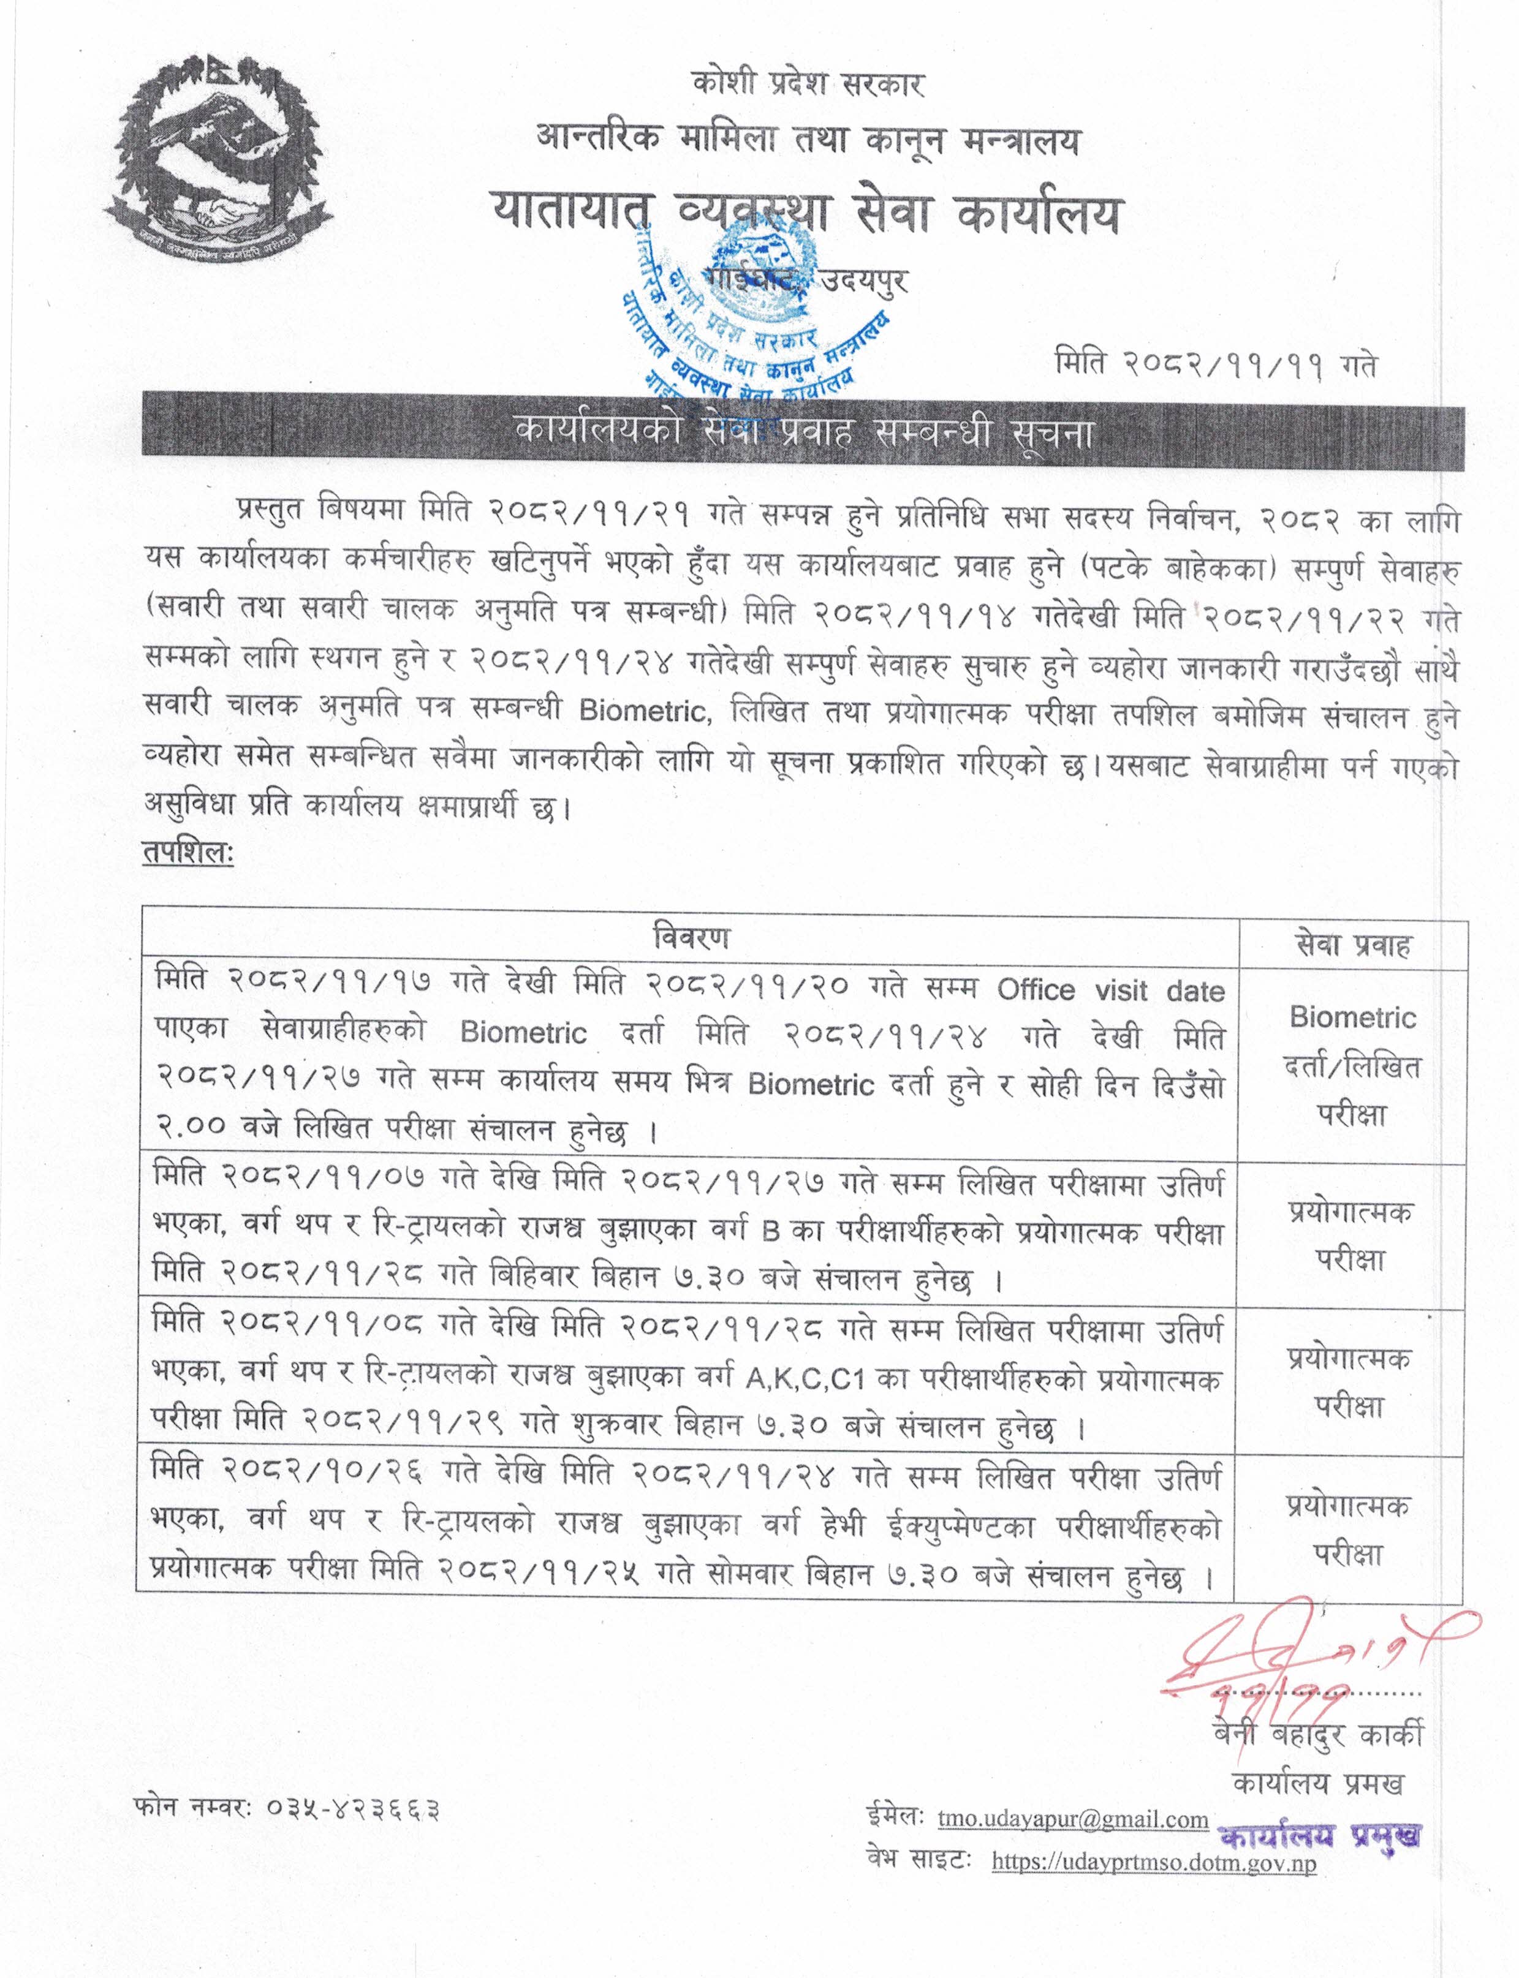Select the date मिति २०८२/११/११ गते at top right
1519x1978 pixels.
click(1216, 365)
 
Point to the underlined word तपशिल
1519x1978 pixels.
click(187, 851)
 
